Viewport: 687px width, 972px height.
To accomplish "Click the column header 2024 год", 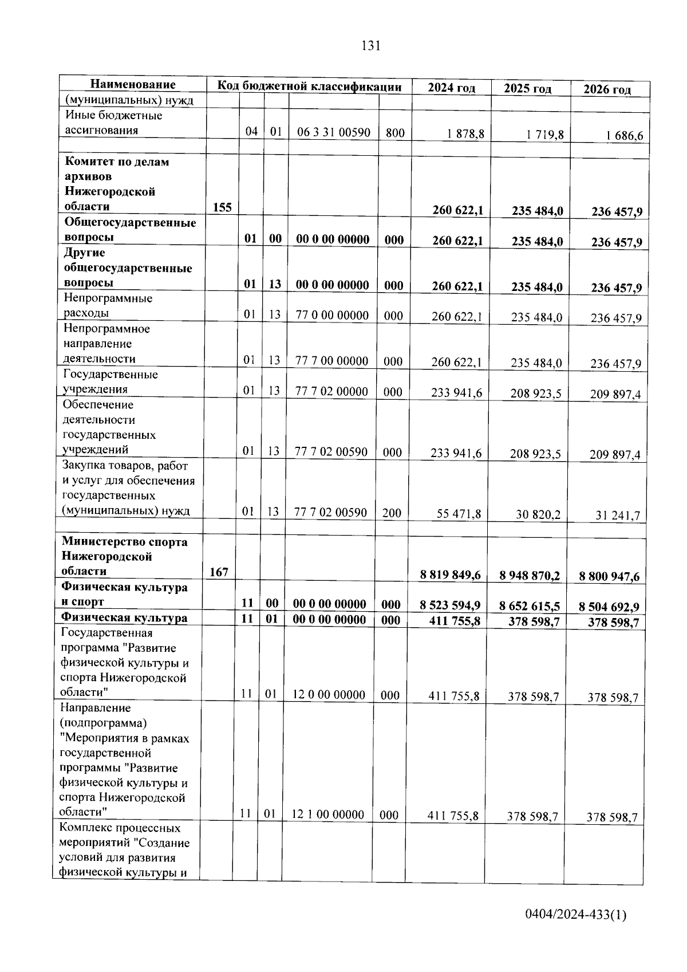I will click(451, 88).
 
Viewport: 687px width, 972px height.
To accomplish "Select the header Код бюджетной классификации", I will click(309, 86).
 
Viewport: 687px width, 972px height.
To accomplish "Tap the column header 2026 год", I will click(607, 89).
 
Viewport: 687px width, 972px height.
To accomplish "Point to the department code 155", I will click(222, 207).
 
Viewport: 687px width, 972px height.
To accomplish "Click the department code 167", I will click(219, 572).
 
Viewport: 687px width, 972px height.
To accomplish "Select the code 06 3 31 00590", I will click(333, 132).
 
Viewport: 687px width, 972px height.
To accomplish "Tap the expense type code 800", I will click(395, 133).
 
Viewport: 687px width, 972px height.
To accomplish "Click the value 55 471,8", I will click(459, 514).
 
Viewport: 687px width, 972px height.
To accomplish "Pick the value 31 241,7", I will click(617, 516).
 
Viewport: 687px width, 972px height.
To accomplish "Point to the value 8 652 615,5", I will click(529, 606).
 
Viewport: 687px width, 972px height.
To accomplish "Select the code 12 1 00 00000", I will click(328, 814).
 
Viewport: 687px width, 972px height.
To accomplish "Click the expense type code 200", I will click(392, 513).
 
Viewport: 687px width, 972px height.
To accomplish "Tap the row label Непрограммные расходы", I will click(108, 305).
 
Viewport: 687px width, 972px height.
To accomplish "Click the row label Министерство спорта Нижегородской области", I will click(124, 556).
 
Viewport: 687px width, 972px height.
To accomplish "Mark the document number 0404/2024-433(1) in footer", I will click(575, 915).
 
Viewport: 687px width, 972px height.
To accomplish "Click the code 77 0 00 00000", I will click(332, 315).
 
